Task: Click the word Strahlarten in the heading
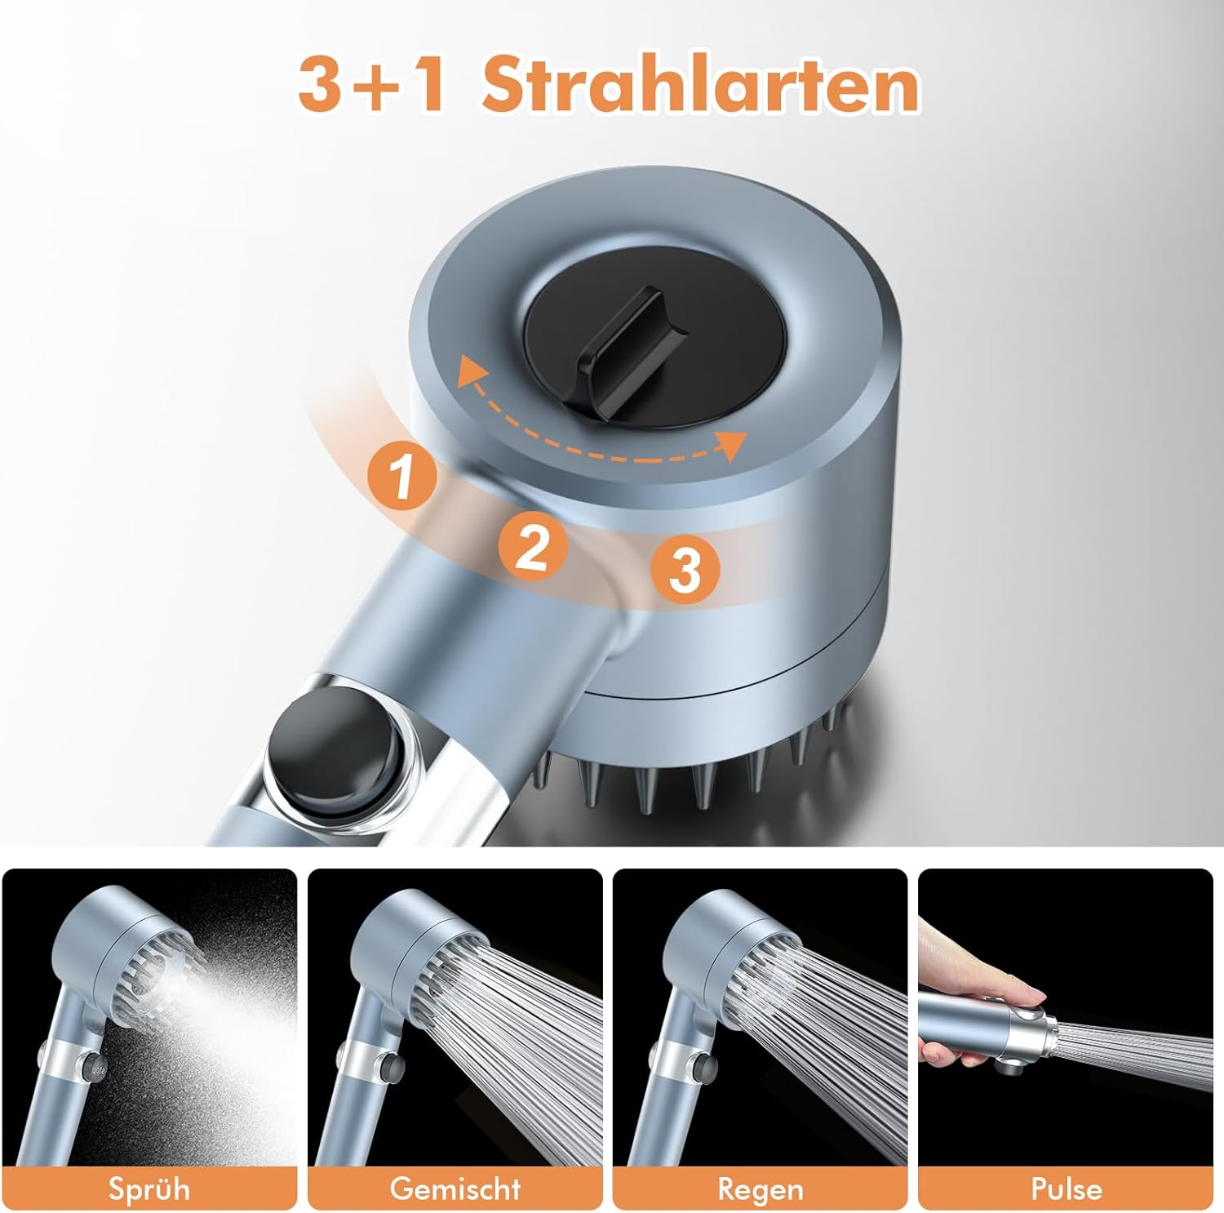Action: (x=700, y=85)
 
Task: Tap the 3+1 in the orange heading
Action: (x=372, y=86)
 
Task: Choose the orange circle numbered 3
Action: (x=685, y=569)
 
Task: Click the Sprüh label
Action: (x=149, y=1188)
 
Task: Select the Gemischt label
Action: (x=455, y=1188)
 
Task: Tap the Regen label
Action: (x=761, y=1189)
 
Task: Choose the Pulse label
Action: (x=1066, y=1188)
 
